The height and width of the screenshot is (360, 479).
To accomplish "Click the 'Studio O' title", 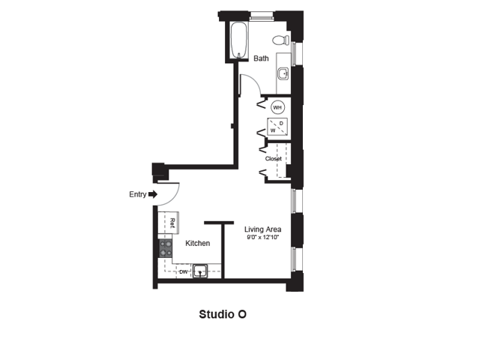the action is tap(223, 314).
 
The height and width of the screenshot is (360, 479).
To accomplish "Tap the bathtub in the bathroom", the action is tap(238, 40).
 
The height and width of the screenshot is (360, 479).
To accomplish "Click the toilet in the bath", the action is tap(281, 40).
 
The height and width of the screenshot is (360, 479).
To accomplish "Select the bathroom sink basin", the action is tap(283, 73).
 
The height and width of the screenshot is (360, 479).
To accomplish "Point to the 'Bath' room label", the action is tap(261, 58).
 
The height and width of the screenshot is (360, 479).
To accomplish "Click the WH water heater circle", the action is tap(277, 107).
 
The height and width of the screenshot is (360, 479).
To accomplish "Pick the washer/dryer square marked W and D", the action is tap(277, 127).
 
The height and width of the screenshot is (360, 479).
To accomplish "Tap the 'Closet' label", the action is tap(274, 158).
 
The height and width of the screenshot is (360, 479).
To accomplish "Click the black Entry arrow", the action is tap(153, 194).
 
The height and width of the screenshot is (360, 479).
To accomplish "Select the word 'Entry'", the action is tap(138, 194).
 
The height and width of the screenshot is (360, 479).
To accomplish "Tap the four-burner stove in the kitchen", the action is tap(165, 248).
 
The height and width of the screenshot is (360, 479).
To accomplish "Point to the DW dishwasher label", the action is tap(184, 271).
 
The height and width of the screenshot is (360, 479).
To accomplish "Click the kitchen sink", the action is tap(200, 271).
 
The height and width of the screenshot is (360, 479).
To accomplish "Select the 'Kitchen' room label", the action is tap(198, 243).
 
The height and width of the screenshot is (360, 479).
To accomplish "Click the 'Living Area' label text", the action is tap(262, 229).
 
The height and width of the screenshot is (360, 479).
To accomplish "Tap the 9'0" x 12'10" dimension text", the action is tap(262, 238).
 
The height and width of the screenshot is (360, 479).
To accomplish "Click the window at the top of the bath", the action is tap(262, 16).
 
